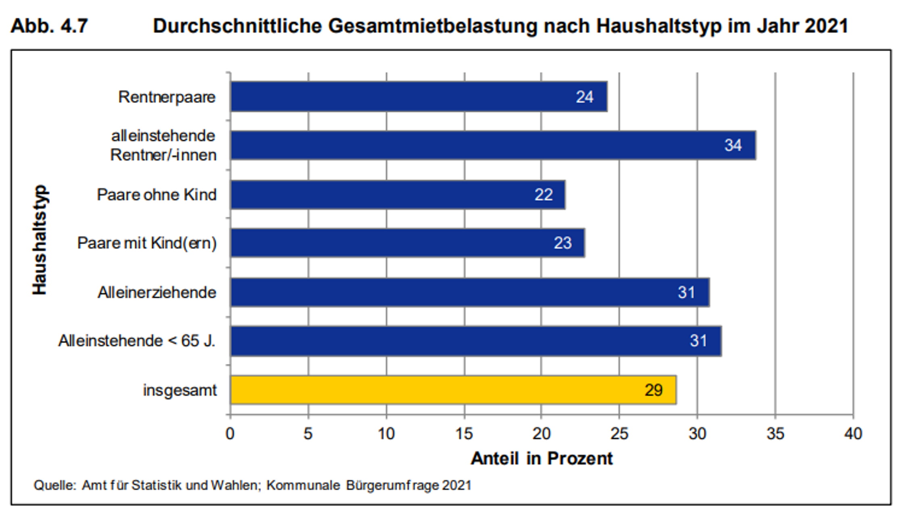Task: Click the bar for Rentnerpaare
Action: (x=418, y=97)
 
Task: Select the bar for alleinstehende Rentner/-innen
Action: (x=493, y=145)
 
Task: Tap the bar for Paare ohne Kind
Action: (x=398, y=195)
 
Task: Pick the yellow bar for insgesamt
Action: (x=453, y=390)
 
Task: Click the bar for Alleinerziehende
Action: (x=470, y=292)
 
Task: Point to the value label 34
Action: (x=733, y=145)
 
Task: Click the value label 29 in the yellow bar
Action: (x=653, y=390)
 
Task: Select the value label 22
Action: (x=544, y=195)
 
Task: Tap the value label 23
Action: (x=563, y=243)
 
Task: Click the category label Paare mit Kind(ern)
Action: (x=147, y=243)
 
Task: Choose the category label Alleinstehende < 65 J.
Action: (x=137, y=341)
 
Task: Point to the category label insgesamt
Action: (x=180, y=390)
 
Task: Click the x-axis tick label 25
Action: (x=619, y=434)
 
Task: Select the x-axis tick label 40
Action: (x=853, y=434)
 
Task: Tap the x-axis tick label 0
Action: (x=230, y=434)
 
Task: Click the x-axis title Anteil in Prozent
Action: (x=542, y=459)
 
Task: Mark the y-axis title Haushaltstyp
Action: (x=40, y=240)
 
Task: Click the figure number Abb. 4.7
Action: (x=49, y=26)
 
